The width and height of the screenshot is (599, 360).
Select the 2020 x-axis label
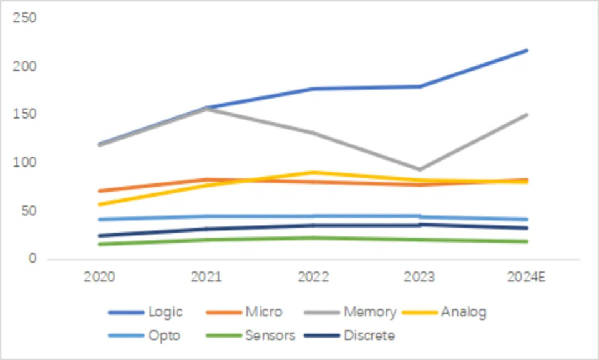tap(100, 276)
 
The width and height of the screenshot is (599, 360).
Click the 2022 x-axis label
tap(313, 276)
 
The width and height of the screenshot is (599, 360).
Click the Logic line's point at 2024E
tap(527, 50)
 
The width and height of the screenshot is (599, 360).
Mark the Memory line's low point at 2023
tap(421, 169)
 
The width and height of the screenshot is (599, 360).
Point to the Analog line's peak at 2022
tap(313, 172)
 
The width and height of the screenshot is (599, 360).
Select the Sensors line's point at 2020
tap(100, 244)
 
